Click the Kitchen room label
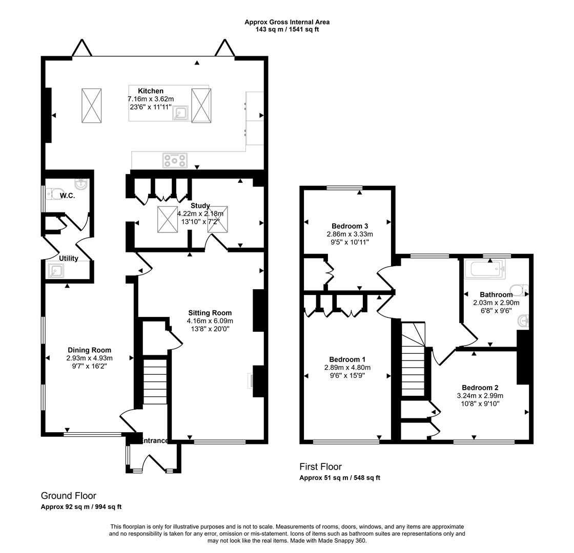coord(151,91)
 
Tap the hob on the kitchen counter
coord(175,160)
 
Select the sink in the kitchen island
coord(181,113)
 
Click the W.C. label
coord(67,196)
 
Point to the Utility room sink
coord(56,271)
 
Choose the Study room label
coord(200,205)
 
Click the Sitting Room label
coord(210,313)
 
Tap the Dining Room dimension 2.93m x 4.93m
coord(89,358)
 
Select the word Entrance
coord(155,441)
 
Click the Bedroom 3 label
coord(350,226)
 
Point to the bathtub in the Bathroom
coord(485,268)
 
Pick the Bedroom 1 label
coord(347,359)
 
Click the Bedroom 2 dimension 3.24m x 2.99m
coord(480,395)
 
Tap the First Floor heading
coord(320,466)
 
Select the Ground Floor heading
coord(69,496)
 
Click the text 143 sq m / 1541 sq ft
coord(287,29)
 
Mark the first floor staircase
coord(414,359)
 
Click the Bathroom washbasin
coord(524,322)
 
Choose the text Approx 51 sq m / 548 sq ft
coord(340,478)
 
